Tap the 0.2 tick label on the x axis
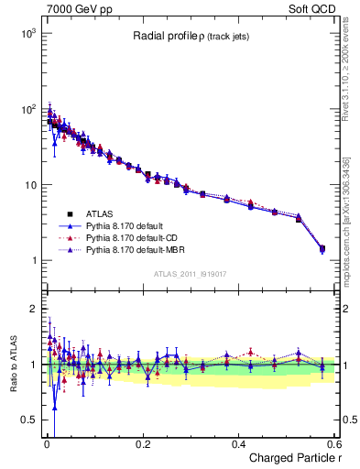[x=142, y=444]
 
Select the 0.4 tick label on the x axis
[x=238, y=444]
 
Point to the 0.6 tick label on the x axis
[x=333, y=444]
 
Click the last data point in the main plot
[x=322, y=248]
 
